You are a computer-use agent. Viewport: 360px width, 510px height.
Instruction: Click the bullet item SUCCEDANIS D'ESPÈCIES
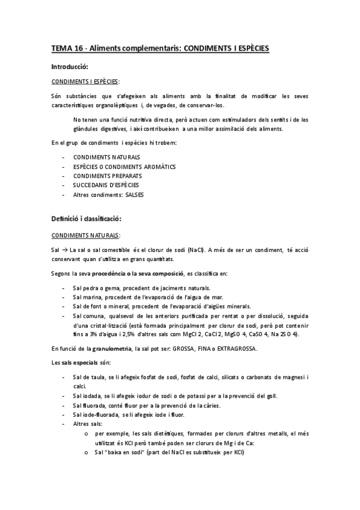105,185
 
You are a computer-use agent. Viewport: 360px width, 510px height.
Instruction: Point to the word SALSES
135,195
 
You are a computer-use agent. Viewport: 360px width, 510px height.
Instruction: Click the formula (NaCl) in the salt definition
195,250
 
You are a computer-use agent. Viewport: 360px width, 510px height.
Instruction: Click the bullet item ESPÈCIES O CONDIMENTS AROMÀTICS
124,166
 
